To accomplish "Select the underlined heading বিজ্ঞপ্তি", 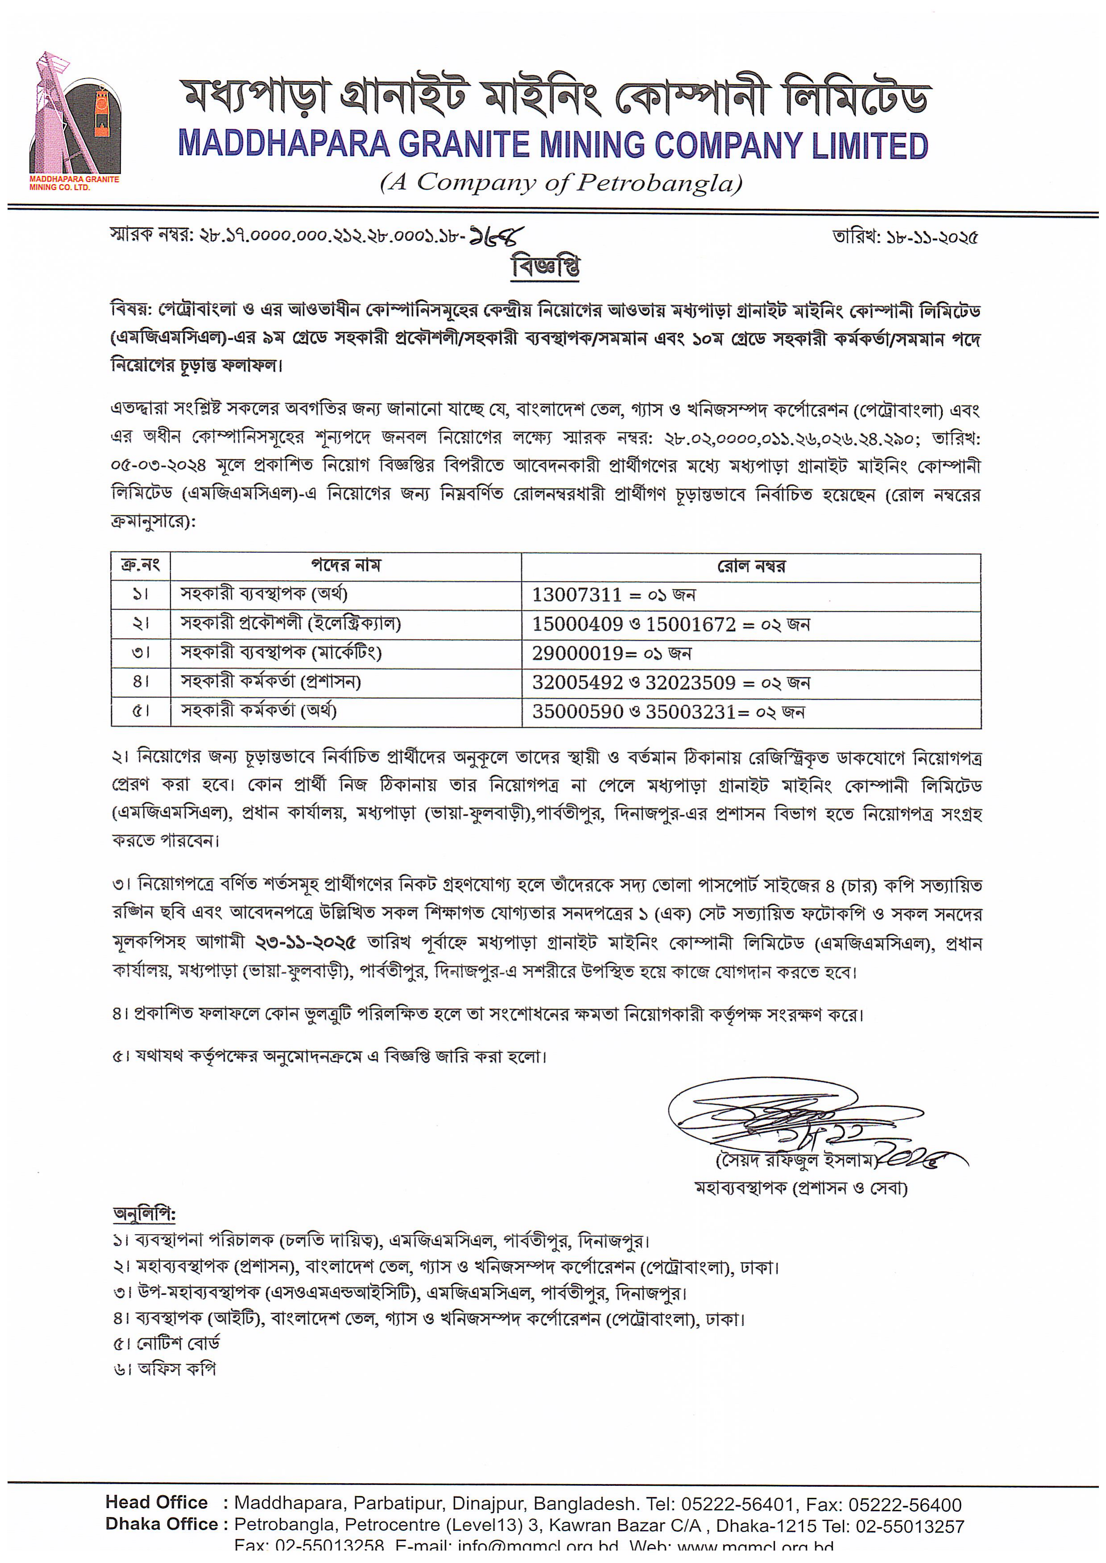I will pyautogui.click(x=545, y=266).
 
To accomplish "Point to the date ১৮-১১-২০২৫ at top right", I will pyautogui.click(x=931, y=238).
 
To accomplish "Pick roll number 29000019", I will pyautogui.click(x=577, y=654).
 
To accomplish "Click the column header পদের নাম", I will pyautogui.click(x=346, y=565).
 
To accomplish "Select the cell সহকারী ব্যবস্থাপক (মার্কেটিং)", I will pyautogui.click(x=281, y=653).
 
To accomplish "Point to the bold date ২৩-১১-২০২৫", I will pyautogui.click(x=306, y=943).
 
